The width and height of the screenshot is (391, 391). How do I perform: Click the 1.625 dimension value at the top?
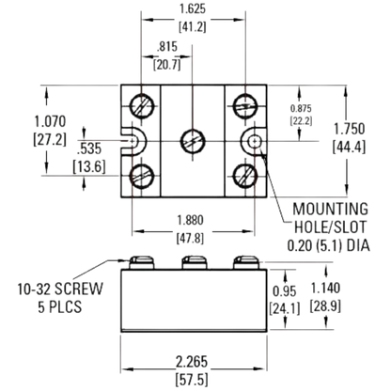193,8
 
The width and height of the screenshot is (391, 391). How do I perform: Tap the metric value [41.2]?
193,26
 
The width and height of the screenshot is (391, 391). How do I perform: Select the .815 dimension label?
167,47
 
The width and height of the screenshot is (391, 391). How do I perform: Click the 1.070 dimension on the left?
50,121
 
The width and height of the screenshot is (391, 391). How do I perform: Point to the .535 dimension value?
89,149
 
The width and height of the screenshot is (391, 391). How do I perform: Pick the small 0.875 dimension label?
301,108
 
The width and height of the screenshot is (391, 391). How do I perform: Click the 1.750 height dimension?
349,129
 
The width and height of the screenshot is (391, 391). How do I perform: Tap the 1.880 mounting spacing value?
190,220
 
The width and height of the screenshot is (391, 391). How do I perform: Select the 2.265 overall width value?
192,362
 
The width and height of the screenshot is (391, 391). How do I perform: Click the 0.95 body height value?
284,291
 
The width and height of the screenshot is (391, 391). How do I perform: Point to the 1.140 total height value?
325,288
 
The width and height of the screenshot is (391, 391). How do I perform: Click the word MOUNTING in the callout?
330,209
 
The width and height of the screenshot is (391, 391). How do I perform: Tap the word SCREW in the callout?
79,289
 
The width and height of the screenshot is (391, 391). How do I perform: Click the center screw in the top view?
193,140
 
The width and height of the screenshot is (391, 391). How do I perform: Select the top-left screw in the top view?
142,106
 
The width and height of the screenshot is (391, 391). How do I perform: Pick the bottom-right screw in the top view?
245,176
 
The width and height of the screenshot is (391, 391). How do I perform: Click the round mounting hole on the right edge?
255,142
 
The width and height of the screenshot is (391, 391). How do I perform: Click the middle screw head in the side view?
195,262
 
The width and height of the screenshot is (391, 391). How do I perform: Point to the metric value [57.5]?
192,380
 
